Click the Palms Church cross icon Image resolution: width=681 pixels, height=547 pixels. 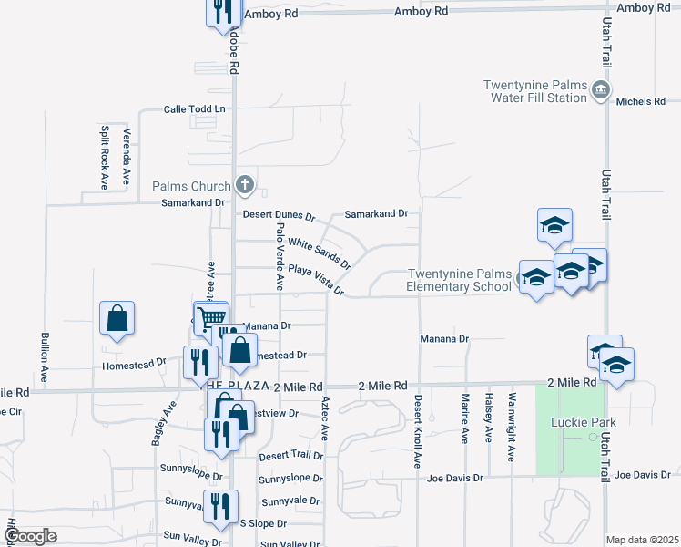(244, 185)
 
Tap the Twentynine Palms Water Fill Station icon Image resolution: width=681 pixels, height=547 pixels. (600, 89)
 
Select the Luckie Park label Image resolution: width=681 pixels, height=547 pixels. (584, 422)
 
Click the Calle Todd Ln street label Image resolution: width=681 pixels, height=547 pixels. (194, 109)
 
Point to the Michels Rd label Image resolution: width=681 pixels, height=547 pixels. (640, 101)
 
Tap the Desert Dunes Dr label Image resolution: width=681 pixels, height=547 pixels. (279, 217)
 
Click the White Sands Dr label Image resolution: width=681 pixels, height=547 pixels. (319, 248)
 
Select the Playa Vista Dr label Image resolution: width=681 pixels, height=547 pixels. (316, 278)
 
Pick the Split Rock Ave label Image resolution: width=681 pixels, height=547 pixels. (105, 157)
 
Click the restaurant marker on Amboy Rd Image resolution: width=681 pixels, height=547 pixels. (222, 12)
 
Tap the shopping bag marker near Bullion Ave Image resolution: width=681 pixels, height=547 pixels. (117, 319)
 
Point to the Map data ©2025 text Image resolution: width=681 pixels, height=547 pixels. (642, 540)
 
